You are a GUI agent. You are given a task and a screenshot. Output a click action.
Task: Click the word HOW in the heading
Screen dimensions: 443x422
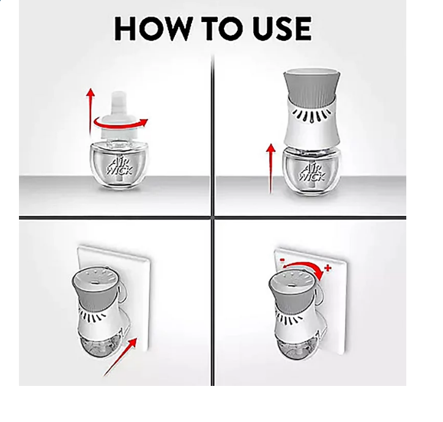pyautogui.click(x=152, y=28)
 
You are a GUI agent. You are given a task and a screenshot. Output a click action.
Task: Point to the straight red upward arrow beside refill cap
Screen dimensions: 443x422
pyautogui.click(x=91, y=111)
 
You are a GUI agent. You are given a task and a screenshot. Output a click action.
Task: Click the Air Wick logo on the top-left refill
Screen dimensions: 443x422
pyautogui.click(x=119, y=166)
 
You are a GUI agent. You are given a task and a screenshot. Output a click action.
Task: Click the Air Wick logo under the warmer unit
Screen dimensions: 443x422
pyautogui.click(x=312, y=171)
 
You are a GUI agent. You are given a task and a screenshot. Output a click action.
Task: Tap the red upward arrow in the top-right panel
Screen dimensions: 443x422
pyautogui.click(x=271, y=169)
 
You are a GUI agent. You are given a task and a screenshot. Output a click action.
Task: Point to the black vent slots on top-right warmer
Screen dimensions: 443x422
pyautogui.click(x=311, y=116)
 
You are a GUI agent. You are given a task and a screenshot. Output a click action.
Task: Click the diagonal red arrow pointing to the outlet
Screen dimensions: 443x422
pyautogui.click(x=121, y=357)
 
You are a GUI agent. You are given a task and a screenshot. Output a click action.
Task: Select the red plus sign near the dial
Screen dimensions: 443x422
pyautogui.click(x=328, y=267)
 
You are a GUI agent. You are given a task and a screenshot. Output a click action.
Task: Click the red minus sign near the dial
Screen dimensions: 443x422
pyautogui.click(x=281, y=259)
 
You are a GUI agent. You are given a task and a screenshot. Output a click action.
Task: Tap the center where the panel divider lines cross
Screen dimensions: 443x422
pyautogui.click(x=212, y=218)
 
